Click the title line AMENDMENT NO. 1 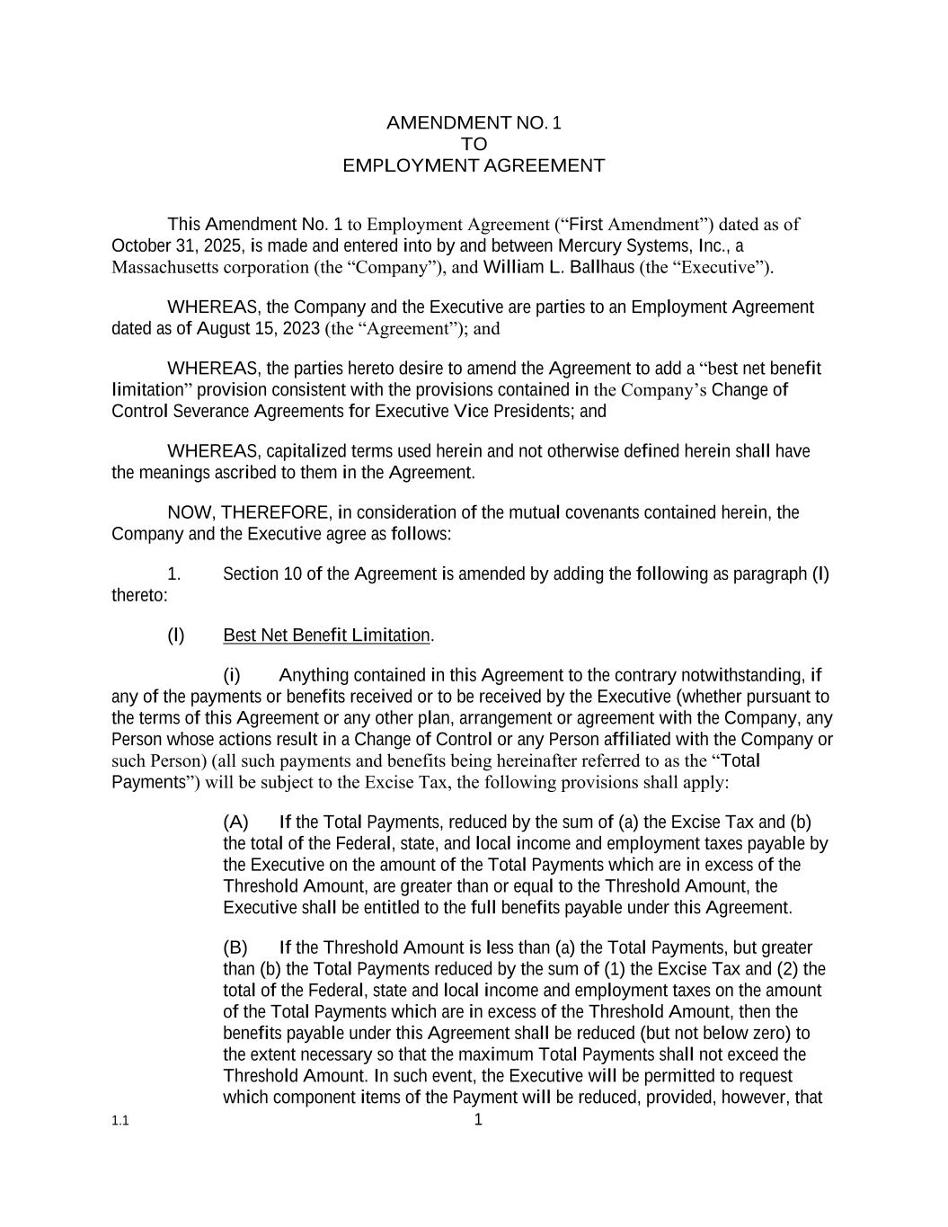pyautogui.click(x=474, y=123)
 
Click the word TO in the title pyautogui.click(x=474, y=145)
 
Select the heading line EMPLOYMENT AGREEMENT pyautogui.click(x=474, y=166)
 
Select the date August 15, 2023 pyautogui.click(x=258, y=328)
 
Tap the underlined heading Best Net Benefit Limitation pyautogui.click(x=327, y=636)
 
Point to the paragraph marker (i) pyautogui.click(x=232, y=675)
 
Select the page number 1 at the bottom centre pyautogui.click(x=478, y=1120)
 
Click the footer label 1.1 pyautogui.click(x=120, y=1122)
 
